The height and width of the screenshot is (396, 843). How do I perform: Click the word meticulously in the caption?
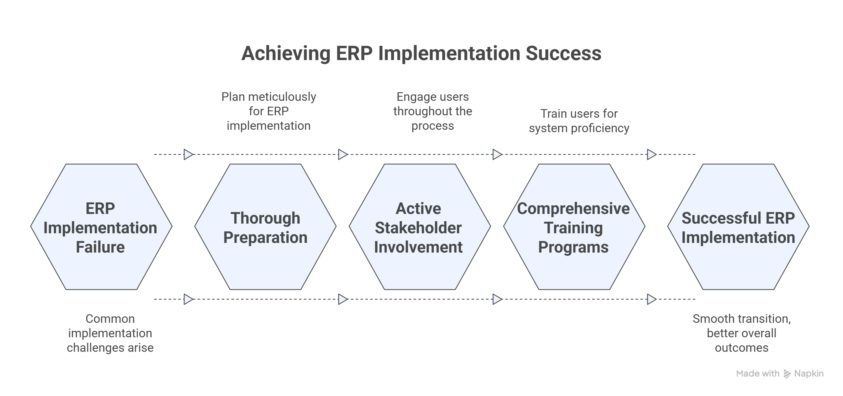click(282, 97)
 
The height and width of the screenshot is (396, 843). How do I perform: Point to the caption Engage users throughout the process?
click(432, 111)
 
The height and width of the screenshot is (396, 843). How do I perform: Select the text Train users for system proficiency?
click(579, 121)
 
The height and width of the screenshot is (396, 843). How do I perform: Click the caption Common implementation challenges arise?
click(110, 333)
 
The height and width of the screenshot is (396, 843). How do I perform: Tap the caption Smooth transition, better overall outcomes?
click(742, 333)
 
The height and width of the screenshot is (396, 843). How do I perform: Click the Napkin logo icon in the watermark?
click(787, 374)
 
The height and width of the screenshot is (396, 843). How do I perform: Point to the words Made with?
click(757, 373)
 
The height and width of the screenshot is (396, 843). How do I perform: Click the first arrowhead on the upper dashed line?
click(188, 154)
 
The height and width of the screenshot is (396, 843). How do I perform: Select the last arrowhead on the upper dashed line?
click(651, 154)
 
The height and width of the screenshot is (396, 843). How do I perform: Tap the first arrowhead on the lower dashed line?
click(188, 299)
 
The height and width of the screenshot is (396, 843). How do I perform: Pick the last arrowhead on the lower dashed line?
click(651, 299)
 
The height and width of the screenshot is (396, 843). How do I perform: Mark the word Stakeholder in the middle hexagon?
click(418, 228)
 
